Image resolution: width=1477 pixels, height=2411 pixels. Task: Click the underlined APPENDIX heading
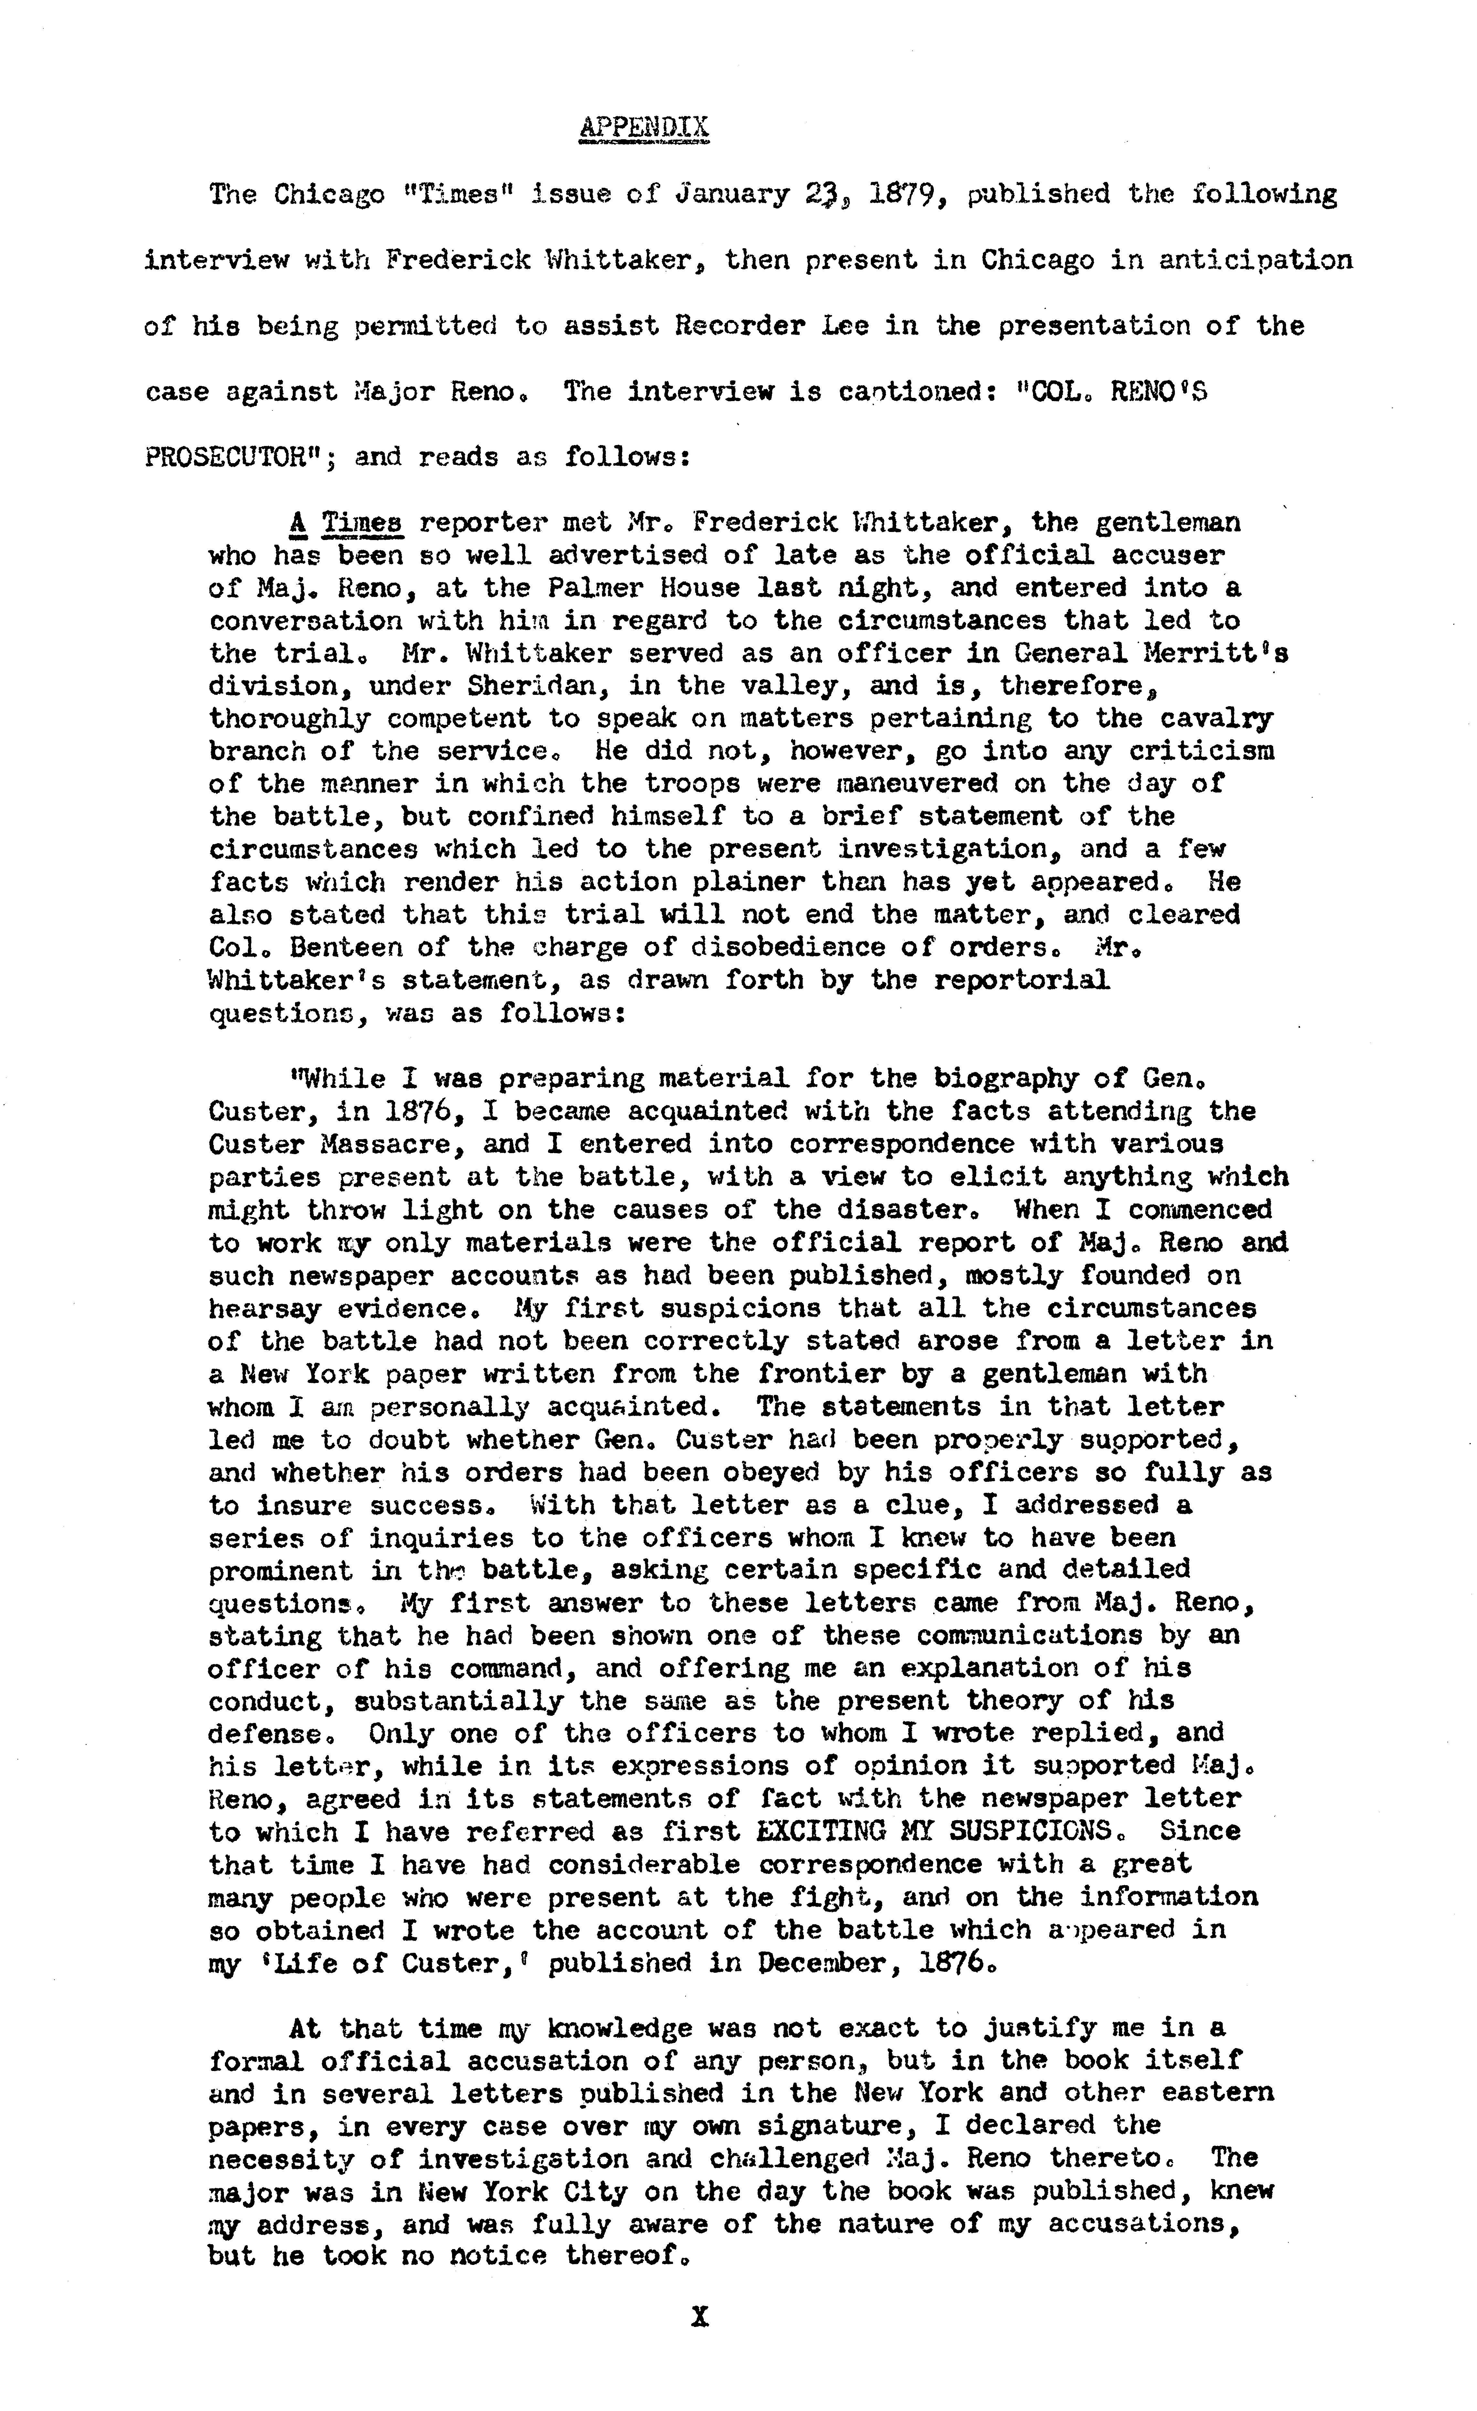pos(644,128)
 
